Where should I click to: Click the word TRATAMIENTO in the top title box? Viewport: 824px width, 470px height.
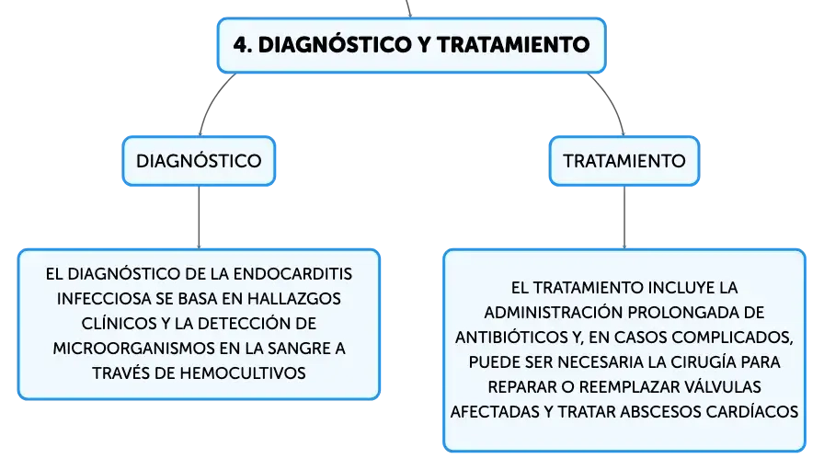[x=513, y=45]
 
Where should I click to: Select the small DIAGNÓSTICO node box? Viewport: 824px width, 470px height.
[x=200, y=161]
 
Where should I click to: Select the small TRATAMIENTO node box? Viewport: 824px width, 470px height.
[x=624, y=161]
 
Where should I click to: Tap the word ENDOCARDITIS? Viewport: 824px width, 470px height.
[x=292, y=274]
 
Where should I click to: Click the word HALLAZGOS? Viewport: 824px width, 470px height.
[x=294, y=299]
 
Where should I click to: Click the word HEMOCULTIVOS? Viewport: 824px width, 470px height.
[x=243, y=373]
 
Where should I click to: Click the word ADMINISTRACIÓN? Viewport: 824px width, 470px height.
[x=554, y=313]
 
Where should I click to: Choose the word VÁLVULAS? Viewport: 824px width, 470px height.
[x=723, y=387]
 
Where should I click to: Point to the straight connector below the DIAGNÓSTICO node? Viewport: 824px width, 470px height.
[x=200, y=217]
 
